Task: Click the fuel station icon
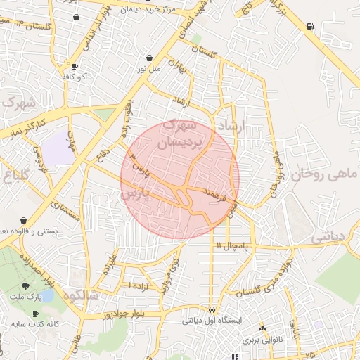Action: point(310,27)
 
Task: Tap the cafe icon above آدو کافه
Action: point(75,66)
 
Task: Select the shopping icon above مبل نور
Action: point(149,58)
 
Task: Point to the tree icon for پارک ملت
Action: point(26,286)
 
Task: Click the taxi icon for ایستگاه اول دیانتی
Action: point(212,309)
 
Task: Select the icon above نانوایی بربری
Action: point(262,328)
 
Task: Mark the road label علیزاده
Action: point(109,259)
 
